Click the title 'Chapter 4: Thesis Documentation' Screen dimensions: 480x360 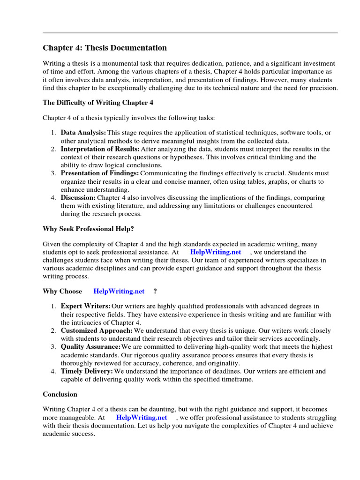pos(105,48)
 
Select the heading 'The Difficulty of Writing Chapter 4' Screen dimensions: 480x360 pos(98,103)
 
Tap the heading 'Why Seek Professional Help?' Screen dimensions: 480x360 pos(91,229)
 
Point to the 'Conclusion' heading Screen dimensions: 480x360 pos(60,394)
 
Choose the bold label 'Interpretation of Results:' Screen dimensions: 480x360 pos(100,149)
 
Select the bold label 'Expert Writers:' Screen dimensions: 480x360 pos(86,306)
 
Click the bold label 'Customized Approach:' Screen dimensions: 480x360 pos(97,330)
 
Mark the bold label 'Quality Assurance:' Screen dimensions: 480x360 pos(90,347)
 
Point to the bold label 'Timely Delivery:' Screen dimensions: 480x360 pos(87,371)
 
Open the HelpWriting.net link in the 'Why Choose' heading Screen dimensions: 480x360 pos(119,291)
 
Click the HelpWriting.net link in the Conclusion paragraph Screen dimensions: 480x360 pos(142,417)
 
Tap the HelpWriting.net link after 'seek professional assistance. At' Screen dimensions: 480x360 pos(216,252)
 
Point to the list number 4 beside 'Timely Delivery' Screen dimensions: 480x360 pos(53,371)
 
